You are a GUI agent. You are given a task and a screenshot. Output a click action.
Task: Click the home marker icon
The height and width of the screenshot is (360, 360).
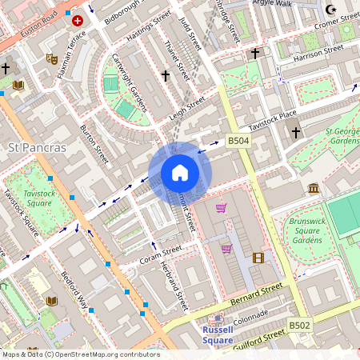point(180,173)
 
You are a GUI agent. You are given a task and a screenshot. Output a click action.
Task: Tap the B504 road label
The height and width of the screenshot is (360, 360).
point(238,141)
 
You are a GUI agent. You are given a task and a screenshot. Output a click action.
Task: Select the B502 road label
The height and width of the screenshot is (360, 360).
point(299,326)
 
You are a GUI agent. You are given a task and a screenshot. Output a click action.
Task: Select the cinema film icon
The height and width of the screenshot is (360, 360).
point(258,258)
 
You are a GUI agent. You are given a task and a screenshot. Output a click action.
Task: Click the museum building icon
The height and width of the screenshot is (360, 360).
point(314,188)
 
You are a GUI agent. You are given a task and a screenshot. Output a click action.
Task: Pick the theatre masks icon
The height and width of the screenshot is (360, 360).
point(52,58)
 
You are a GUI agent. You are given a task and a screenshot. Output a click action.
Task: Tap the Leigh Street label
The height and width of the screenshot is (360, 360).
point(186,109)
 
